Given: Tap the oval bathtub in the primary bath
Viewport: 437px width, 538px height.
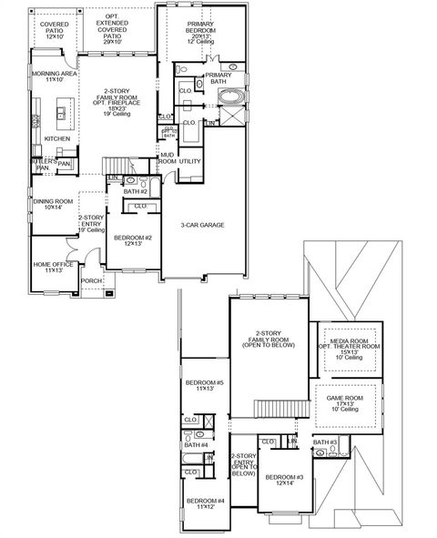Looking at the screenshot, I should (x=233, y=97).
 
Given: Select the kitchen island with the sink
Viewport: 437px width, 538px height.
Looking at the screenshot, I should (x=61, y=114).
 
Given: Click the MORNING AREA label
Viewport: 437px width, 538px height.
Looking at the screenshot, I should (x=53, y=76).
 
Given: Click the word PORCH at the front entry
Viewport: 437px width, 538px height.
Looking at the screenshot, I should (x=92, y=281).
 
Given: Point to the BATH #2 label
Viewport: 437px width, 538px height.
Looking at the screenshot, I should (x=136, y=192).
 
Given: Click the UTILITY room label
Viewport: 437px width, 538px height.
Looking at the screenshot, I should (x=189, y=161).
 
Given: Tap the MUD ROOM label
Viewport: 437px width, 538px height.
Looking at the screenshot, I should (x=168, y=158).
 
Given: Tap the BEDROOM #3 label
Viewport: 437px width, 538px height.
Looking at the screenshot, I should (x=284, y=481).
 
